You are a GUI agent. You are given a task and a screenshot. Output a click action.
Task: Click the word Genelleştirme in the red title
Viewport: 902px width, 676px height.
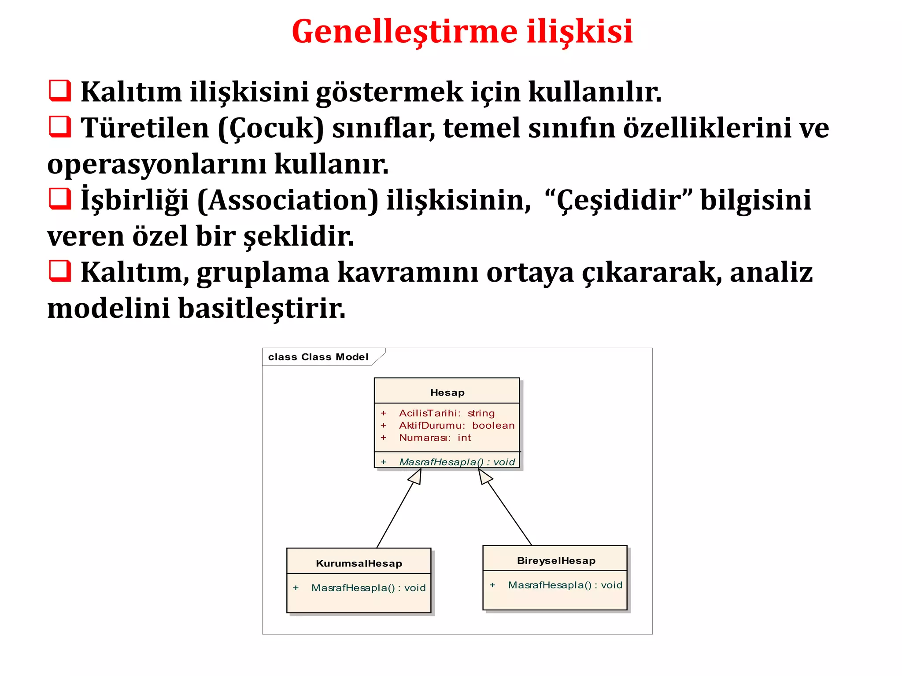click(404, 32)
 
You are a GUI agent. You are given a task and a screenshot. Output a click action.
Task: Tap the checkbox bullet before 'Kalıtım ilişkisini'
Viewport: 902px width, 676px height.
click(59, 91)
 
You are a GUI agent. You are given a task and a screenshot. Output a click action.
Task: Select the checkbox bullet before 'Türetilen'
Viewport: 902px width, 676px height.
click(59, 127)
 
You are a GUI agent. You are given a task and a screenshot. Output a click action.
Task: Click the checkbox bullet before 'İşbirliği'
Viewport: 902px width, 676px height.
click(59, 198)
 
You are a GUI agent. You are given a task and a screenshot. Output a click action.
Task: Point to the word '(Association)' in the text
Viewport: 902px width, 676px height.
click(287, 200)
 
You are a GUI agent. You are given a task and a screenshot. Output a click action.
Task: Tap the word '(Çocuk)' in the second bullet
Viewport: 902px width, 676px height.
click(271, 129)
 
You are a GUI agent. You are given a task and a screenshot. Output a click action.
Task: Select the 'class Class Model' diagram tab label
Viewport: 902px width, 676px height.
click(318, 357)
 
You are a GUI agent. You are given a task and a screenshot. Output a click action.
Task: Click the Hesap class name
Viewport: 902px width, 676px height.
click(447, 393)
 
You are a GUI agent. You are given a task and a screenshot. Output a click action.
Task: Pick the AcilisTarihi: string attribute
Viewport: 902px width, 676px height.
click(447, 413)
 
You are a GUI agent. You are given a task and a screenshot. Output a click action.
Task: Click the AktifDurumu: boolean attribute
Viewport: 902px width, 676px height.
click(457, 426)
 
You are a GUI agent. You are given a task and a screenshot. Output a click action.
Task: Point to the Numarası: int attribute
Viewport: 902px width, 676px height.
click(435, 438)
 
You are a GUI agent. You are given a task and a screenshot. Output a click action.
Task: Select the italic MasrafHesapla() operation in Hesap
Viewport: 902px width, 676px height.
click(457, 462)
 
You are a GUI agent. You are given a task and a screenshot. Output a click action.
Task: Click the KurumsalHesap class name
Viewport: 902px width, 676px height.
click(359, 563)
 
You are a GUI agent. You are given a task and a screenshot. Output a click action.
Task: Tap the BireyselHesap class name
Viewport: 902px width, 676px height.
click(556, 561)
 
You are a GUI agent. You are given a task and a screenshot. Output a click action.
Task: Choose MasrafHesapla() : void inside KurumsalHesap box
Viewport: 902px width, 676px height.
click(368, 588)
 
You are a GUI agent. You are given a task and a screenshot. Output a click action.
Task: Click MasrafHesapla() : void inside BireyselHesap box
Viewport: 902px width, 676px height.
click(565, 585)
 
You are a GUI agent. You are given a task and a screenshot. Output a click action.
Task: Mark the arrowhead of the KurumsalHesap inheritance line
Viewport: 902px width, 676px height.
click(416, 476)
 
